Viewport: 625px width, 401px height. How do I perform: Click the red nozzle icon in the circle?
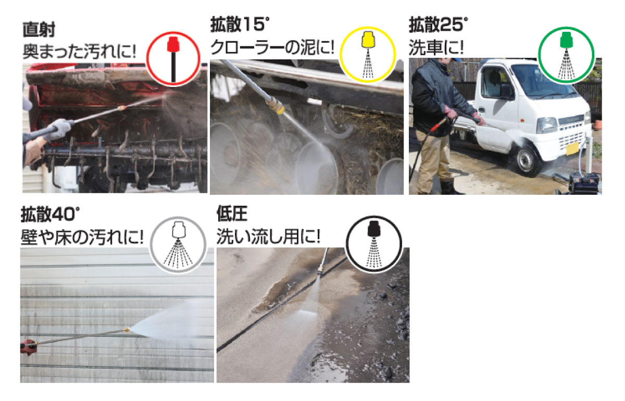173,59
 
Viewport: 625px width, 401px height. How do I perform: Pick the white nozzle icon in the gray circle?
178,244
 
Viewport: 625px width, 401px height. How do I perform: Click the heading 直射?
39,30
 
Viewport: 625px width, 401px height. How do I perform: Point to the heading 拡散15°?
240,24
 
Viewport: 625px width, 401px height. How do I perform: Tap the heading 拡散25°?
439,24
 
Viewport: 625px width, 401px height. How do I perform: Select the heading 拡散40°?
50,215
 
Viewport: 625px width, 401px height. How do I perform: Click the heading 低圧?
232,214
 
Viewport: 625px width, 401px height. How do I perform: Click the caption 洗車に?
436,47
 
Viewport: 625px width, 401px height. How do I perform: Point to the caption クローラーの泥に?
272,47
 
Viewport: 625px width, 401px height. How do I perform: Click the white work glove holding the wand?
58,129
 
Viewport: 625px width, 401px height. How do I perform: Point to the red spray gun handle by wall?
29,347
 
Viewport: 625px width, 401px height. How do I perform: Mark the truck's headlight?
546,125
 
